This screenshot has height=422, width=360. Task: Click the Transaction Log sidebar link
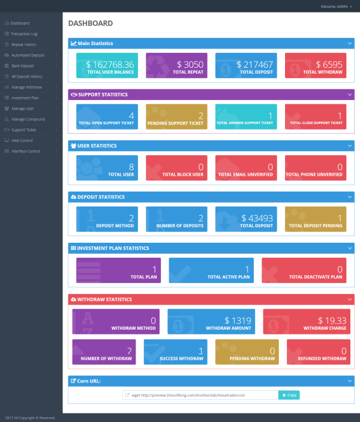click(x=24, y=34)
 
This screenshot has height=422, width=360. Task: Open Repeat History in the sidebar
click(x=25, y=44)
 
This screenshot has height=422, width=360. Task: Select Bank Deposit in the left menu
click(x=23, y=66)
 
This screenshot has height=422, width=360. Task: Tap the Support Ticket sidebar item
click(x=24, y=129)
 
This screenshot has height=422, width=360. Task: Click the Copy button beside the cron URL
click(x=289, y=396)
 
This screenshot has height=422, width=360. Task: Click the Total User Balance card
click(x=107, y=66)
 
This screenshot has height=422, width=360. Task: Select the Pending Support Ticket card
click(x=176, y=117)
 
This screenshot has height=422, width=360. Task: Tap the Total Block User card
click(x=176, y=168)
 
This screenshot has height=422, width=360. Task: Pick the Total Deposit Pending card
click(x=315, y=219)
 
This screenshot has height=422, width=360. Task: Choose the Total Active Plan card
click(x=211, y=271)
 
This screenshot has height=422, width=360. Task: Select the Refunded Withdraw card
click(x=319, y=352)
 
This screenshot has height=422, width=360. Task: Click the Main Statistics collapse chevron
click(x=350, y=43)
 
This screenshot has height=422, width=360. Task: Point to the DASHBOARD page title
click(x=90, y=23)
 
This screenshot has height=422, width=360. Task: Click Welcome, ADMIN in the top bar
click(x=334, y=6)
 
